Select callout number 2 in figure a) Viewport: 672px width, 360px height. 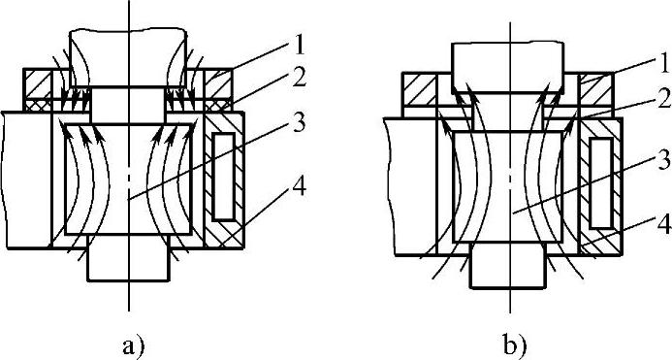tap(299, 81)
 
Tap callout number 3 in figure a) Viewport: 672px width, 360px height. tap(299, 123)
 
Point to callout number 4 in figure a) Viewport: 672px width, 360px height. tap(299, 187)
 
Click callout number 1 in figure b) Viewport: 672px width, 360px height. tap(664, 63)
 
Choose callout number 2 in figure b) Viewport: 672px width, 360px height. tap(663, 100)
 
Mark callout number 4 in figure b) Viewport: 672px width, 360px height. tap(663, 224)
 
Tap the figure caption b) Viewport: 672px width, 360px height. tap(513, 345)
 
